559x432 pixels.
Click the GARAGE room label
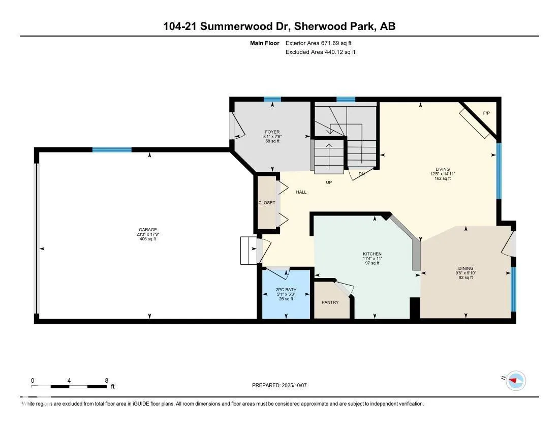pyautogui.click(x=148, y=229)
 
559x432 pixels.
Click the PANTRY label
pyautogui.click(x=330, y=302)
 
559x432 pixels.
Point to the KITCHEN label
pyautogui.click(x=371, y=254)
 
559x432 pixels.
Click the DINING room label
pyautogui.click(x=465, y=268)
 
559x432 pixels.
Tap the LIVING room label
pyautogui.click(x=442, y=170)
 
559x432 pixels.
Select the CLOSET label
pyautogui.click(x=266, y=203)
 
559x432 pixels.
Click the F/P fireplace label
pyautogui.click(x=486, y=113)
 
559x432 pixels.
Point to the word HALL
pyautogui.click(x=301, y=192)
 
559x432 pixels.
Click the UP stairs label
pyautogui.click(x=329, y=182)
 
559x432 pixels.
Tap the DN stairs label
pyautogui.click(x=361, y=174)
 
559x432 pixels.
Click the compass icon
pyautogui.click(x=516, y=381)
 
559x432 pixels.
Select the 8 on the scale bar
pyautogui.click(x=106, y=380)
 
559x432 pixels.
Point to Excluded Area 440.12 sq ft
pyautogui.click(x=320, y=52)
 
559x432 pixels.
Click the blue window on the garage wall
pyautogui.click(x=112, y=149)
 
